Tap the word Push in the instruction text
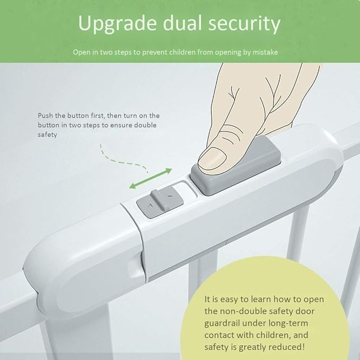pos(46,115)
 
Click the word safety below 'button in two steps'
pos(47,135)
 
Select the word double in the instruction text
pos(145,125)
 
